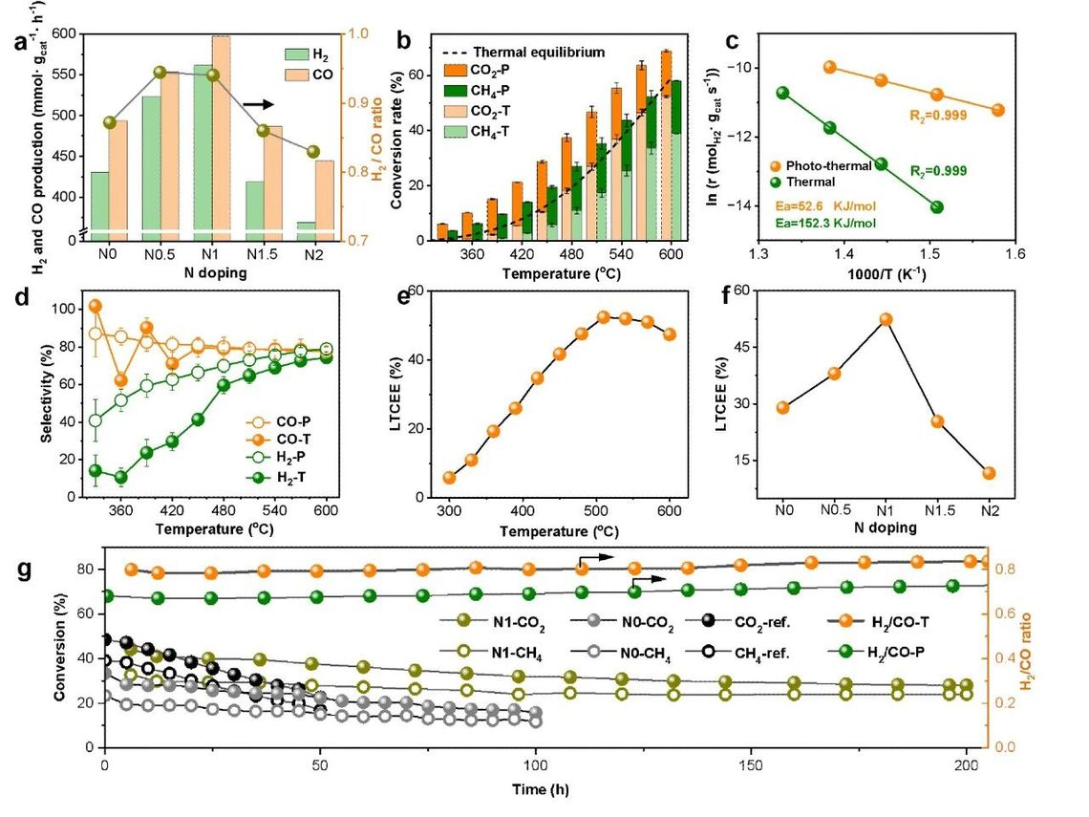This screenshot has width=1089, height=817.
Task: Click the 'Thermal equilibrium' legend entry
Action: (x=525, y=53)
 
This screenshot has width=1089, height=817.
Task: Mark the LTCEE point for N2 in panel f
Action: (x=989, y=473)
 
